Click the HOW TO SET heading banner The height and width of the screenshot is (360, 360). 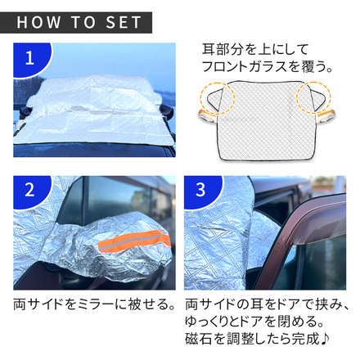coord(76,22)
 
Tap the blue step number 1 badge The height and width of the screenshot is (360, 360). coord(30,59)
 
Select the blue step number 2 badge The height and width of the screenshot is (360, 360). coord(30,191)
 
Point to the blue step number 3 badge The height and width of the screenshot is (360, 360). coord(202,191)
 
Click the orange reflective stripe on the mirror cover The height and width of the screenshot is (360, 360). coord(134,241)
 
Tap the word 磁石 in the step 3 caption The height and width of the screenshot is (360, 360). coord(198,339)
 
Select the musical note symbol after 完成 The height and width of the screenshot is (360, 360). coord(325,339)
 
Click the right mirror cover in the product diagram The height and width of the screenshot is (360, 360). coord(326,115)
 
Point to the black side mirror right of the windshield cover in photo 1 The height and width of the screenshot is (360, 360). coord(167,113)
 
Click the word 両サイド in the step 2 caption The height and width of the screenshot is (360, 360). coord(38,304)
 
